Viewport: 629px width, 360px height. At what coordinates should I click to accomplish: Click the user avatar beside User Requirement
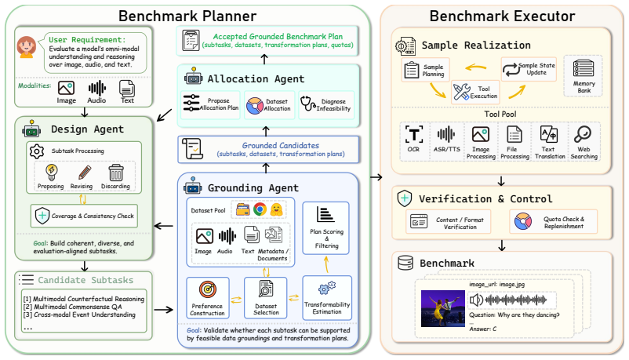click(x=27, y=47)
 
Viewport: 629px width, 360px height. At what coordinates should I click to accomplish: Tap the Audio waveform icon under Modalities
click(x=96, y=89)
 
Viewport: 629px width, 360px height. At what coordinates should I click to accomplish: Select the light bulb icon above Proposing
click(x=51, y=173)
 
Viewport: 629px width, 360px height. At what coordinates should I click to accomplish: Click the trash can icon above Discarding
click(x=116, y=173)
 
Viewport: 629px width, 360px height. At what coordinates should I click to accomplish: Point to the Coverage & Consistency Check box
click(x=84, y=216)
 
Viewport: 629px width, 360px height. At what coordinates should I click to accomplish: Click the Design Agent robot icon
click(x=31, y=129)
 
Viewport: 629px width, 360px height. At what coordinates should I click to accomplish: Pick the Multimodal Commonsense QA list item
click(x=73, y=307)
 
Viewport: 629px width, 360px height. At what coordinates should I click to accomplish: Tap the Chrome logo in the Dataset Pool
click(x=260, y=209)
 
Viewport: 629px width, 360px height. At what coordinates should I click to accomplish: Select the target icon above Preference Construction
click(x=208, y=289)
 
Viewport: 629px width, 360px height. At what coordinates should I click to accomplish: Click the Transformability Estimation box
click(x=327, y=297)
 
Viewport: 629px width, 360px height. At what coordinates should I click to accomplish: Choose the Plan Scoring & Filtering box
click(x=325, y=228)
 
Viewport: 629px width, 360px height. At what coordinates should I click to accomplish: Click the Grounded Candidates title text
click(x=281, y=145)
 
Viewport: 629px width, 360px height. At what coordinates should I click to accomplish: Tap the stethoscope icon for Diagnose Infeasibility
click(x=308, y=104)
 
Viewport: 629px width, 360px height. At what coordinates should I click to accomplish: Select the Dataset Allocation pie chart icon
click(x=254, y=106)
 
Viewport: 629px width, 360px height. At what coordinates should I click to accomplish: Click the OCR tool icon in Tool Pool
click(x=413, y=134)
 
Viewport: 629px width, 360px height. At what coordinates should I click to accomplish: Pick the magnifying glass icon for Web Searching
click(x=583, y=134)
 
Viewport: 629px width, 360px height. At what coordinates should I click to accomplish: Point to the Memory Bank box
click(x=584, y=76)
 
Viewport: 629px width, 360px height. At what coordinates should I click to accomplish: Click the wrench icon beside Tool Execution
click(x=461, y=92)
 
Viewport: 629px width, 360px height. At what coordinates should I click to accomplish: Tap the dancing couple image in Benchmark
click(x=443, y=309)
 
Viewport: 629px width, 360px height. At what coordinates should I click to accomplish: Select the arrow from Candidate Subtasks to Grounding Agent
click(x=164, y=310)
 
